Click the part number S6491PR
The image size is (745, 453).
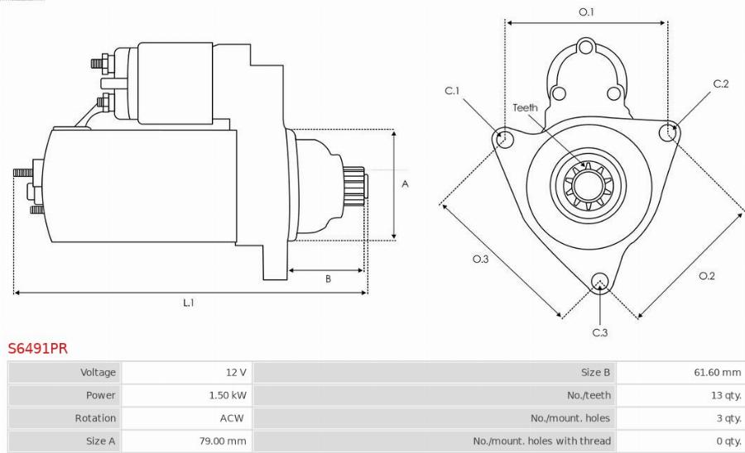pos(38,349)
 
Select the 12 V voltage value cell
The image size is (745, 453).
pos(235,373)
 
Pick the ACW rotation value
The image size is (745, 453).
pos(232,418)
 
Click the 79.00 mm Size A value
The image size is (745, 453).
pos(224,441)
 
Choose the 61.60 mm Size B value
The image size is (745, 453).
pos(717,373)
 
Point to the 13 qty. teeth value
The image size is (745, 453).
pos(726,395)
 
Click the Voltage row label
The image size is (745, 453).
pos(98,373)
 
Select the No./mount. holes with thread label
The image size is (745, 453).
pos(541,441)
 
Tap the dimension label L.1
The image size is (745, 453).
pos(189,303)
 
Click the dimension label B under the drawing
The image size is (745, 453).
pos(328,279)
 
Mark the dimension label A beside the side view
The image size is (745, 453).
pos(405,184)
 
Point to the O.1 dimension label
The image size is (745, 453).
pos(586,12)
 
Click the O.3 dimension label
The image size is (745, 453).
pos(480,260)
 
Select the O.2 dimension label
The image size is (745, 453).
pos(706,275)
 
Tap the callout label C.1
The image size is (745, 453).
pos(452,91)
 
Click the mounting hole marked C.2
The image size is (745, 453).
pos(667,131)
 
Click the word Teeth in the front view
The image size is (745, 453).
pos(525,107)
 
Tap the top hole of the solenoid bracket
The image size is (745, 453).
pos(586,46)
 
